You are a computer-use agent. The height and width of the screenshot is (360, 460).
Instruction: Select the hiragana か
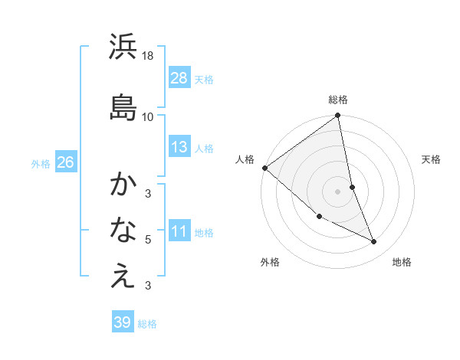coord(123,184)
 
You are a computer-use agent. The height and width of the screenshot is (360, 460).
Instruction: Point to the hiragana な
coord(123,229)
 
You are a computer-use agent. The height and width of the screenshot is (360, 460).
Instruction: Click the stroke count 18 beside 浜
coord(148,56)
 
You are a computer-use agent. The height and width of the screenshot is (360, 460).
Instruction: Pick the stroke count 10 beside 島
coord(148,116)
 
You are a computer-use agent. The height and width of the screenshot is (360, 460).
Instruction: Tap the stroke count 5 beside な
coord(148,239)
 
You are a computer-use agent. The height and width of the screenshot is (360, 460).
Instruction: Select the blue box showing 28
coord(179,77)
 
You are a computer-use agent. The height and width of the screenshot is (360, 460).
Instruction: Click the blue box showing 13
coord(179,147)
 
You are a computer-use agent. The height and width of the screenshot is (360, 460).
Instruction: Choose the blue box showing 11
coord(179,231)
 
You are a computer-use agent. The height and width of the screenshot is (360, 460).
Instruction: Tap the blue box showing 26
coord(65,162)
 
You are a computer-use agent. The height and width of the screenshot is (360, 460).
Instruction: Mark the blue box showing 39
coord(123,322)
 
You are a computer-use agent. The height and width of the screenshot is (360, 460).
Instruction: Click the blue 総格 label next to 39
coord(148,324)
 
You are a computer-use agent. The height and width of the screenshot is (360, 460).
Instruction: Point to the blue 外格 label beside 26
coord(41,163)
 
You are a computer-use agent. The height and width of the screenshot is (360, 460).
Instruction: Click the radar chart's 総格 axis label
coord(338,100)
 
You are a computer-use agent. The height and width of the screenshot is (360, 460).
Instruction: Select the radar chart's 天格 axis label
coord(432,159)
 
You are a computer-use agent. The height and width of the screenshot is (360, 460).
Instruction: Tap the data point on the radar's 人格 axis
coord(264,168)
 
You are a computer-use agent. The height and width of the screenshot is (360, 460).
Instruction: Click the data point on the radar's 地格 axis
coord(374,242)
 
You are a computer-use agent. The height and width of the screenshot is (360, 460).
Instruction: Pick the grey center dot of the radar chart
coord(338,191)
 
